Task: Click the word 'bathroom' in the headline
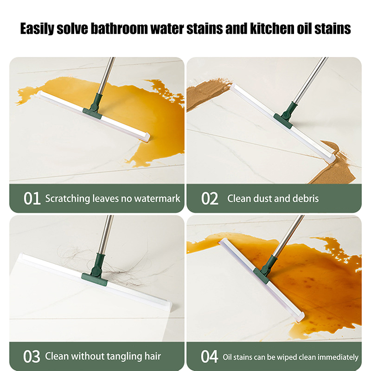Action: pyautogui.click(x=120, y=29)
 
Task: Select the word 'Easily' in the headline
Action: pyautogui.click(x=37, y=29)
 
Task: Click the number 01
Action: pyautogui.click(x=32, y=198)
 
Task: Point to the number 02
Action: pyautogui.click(x=210, y=198)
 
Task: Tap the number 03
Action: pyautogui.click(x=32, y=357)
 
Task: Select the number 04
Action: pyautogui.click(x=210, y=357)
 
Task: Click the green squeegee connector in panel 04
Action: pyautogui.click(x=265, y=270)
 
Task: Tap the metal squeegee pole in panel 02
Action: pyautogui.click(x=311, y=80)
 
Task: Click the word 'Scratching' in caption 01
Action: pyautogui.click(x=68, y=199)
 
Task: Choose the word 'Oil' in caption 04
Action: pyautogui.click(x=227, y=357)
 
